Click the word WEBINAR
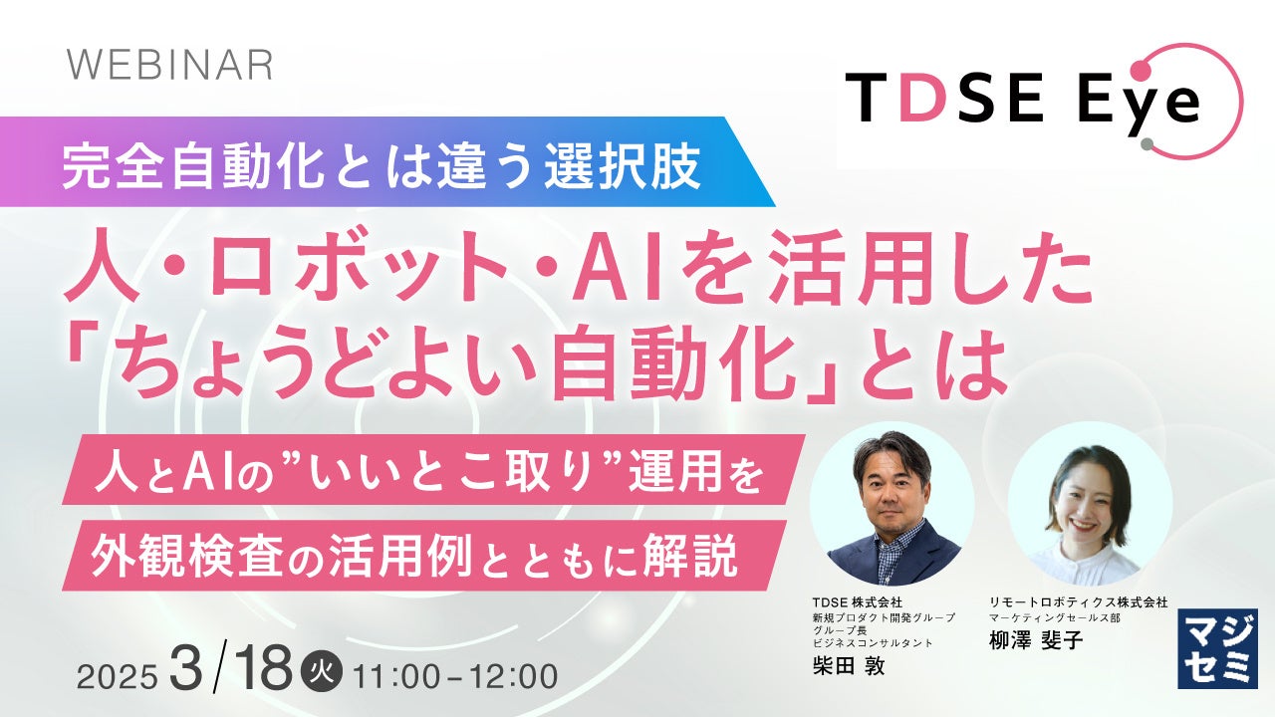170,65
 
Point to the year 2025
118,677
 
